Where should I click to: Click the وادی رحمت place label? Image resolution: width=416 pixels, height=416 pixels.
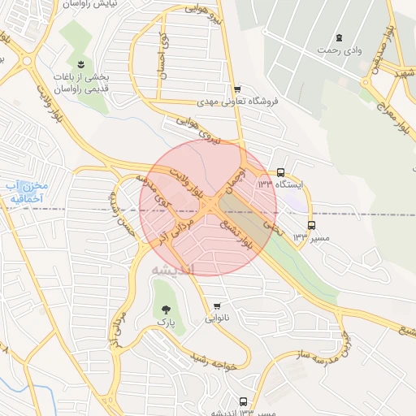pos(339,50)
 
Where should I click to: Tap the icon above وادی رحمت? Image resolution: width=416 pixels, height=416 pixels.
pos(339,37)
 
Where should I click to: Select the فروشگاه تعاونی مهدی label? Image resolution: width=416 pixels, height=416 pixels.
pos(237,102)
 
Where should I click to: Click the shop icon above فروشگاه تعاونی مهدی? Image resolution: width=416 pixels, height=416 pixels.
pos(237,89)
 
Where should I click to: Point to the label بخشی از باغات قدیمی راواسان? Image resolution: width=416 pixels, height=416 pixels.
pos(81,81)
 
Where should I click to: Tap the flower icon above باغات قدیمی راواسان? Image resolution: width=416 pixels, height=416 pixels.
pos(80,63)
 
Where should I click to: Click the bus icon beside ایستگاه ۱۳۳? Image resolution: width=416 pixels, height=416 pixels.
pos(281,172)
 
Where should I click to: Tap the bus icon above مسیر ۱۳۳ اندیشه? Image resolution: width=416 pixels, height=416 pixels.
pos(244,401)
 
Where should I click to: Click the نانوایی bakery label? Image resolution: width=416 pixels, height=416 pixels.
pos(216,319)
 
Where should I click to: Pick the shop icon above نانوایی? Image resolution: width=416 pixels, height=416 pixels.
pos(216,306)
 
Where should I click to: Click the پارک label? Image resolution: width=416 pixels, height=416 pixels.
pos(167,323)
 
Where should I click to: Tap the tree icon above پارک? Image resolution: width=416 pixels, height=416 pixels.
pos(167,309)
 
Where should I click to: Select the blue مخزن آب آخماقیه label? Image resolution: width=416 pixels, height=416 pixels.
pos(26,192)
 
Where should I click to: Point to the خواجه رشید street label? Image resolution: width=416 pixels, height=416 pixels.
pos(213,363)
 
